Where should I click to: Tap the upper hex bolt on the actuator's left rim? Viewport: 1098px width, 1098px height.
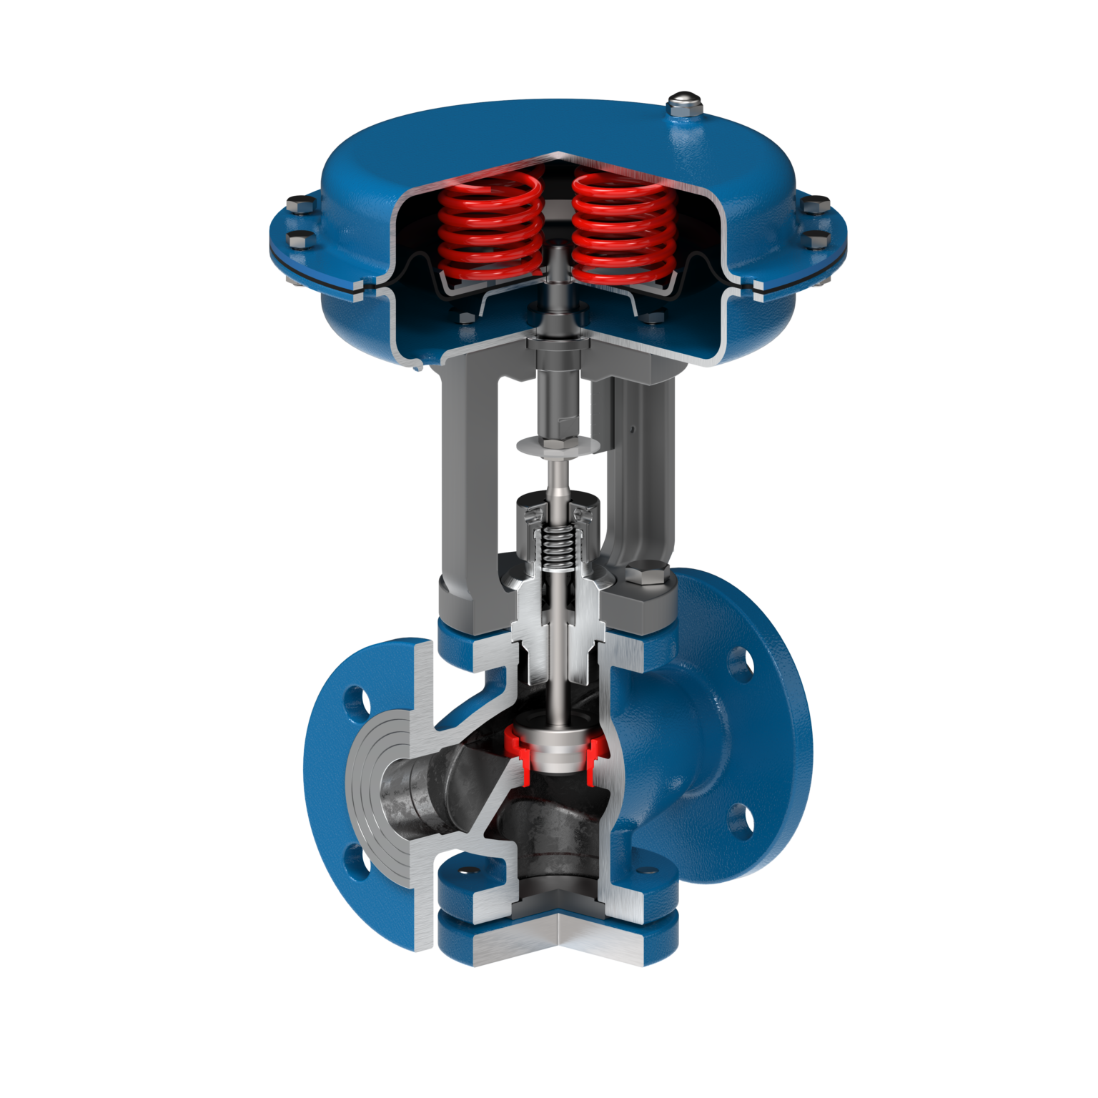tap(300, 208)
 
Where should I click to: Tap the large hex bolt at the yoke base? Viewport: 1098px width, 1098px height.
tap(646, 578)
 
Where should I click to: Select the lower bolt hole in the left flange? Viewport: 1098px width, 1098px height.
tap(357, 862)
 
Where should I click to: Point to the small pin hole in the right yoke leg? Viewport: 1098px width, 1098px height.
tap(633, 430)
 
